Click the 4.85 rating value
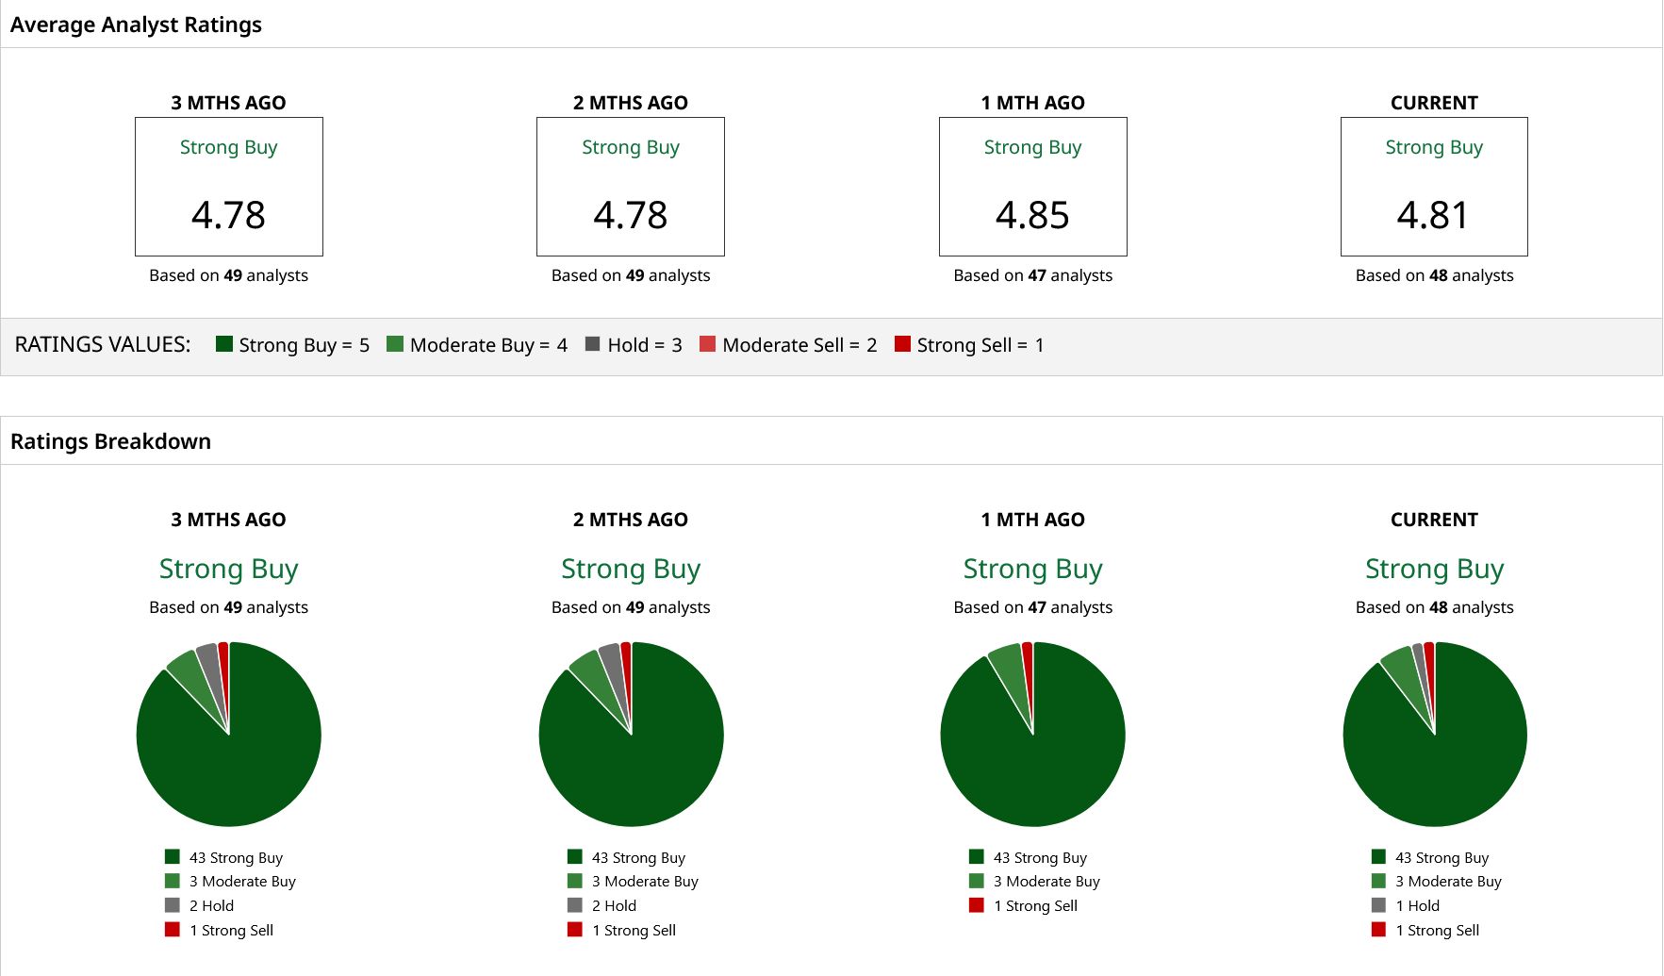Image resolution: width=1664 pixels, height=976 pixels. pyautogui.click(x=1032, y=215)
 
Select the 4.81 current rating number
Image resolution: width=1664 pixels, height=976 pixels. pyautogui.click(x=1433, y=215)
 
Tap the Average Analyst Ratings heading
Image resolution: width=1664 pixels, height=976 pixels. pyautogui.click(x=136, y=25)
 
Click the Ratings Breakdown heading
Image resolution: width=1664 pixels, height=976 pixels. pyautogui.click(x=110, y=441)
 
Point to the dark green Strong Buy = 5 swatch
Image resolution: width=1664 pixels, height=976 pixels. pyautogui.click(x=224, y=343)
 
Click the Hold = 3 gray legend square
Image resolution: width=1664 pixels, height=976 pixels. pyautogui.click(x=592, y=343)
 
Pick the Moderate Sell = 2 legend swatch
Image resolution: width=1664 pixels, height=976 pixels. pyautogui.click(x=707, y=343)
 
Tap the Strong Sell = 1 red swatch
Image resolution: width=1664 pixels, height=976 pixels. pyautogui.click(x=902, y=343)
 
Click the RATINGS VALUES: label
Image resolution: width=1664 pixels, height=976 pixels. pyautogui.click(x=103, y=344)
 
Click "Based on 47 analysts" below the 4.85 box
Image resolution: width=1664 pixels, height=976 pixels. pyautogui.click(x=1032, y=275)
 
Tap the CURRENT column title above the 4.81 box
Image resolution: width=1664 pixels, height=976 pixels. pyautogui.click(x=1434, y=103)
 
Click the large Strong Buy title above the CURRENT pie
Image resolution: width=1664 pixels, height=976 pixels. pyautogui.click(x=1434, y=569)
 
